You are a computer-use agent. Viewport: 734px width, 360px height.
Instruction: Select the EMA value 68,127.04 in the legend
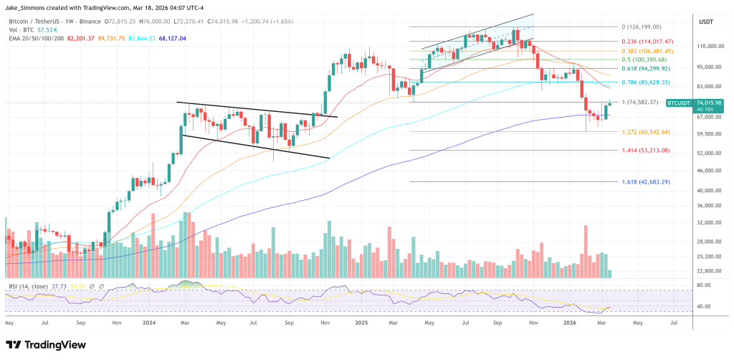[172, 39]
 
